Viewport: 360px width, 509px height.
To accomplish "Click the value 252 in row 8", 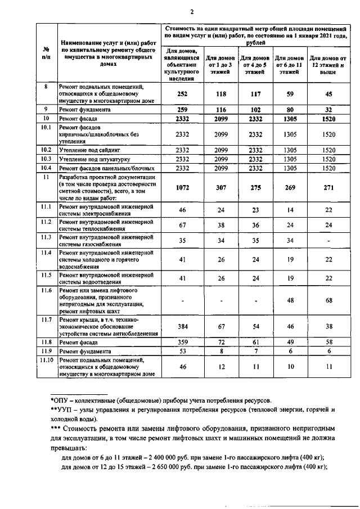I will (182, 94).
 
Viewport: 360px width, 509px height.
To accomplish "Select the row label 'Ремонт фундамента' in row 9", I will (83, 110).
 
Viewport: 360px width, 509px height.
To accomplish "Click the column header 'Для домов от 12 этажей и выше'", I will (327, 65).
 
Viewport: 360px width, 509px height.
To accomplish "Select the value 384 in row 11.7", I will (182, 326).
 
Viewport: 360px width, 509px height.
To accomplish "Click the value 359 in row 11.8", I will (182, 341).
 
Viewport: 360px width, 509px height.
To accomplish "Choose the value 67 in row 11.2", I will (182, 226).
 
